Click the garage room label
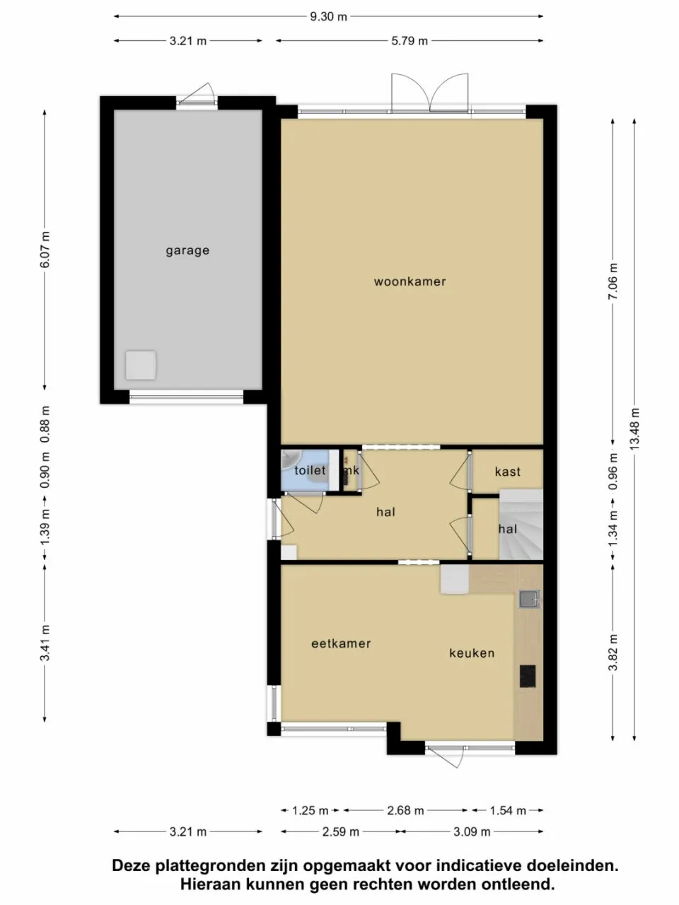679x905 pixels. point(187,250)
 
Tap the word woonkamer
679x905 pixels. point(410,281)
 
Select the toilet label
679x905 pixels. point(310,470)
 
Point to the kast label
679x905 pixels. point(507,472)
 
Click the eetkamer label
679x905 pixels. point(341,643)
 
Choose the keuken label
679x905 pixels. point(472,653)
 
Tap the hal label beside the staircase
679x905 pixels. point(507,529)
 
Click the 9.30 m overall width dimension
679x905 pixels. point(328,16)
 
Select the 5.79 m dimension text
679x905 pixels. point(410,41)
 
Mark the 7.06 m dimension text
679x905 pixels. point(613,281)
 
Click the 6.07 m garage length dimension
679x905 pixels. point(45,250)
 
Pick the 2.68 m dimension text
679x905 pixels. point(405,810)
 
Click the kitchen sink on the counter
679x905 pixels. point(528,600)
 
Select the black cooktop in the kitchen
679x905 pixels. point(528,677)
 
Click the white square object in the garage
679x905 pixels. point(141,366)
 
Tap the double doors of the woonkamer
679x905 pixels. point(429,93)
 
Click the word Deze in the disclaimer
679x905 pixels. point(131,865)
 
